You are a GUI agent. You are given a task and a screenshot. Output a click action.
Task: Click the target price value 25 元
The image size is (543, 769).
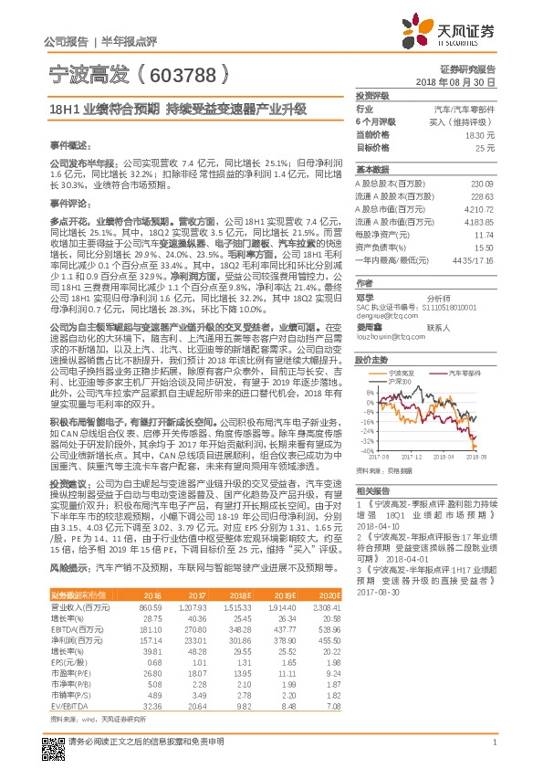click(x=486, y=146)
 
